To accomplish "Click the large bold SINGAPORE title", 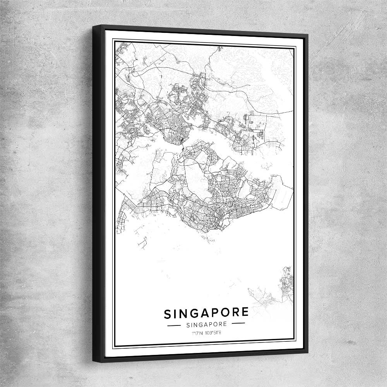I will point(206,313).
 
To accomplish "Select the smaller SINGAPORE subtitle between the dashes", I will point(206,324).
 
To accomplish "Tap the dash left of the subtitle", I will point(174,325).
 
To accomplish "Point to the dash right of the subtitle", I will point(238,323).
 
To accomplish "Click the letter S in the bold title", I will point(168,314).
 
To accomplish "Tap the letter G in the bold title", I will point(192,313).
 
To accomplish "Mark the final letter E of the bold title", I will point(245,312).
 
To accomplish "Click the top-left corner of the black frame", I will point(93,26).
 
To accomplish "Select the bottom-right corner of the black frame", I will point(308,353).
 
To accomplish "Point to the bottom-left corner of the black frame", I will point(93,361).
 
